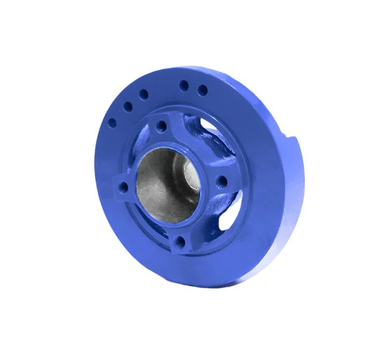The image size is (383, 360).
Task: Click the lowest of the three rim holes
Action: tap(112, 123)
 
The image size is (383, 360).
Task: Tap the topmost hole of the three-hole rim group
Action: tap(143, 94)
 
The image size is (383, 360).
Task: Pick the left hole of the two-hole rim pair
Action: tap(184, 85)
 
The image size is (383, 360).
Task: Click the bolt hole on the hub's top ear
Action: tap(159, 127)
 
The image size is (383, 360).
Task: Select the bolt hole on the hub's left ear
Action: tap(124, 188)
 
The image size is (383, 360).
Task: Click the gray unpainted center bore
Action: tap(161, 183)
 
